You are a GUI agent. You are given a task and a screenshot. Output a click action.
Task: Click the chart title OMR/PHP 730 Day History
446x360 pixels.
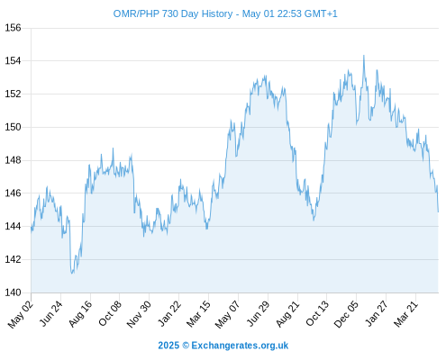point(173,13)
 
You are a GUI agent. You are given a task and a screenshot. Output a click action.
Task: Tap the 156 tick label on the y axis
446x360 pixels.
point(13,28)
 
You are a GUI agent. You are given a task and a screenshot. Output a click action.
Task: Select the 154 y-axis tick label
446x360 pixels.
point(13,61)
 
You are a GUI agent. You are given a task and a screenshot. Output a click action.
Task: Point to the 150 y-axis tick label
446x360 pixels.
point(13,127)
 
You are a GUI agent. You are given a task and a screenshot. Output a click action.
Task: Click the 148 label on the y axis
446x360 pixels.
point(13,160)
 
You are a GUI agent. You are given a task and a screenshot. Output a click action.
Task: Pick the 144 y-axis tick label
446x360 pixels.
point(13,226)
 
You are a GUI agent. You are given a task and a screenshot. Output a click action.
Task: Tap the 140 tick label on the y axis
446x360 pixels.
point(13,292)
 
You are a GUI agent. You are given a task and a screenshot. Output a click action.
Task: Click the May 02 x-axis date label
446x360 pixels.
point(21,314)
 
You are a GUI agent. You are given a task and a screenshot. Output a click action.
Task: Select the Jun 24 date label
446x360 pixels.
point(51,313)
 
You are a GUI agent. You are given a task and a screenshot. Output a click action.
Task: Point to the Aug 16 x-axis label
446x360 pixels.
point(80,313)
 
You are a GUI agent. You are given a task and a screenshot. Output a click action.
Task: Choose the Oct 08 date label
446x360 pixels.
point(110,313)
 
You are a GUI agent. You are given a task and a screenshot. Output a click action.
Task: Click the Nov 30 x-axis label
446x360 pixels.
point(139,314)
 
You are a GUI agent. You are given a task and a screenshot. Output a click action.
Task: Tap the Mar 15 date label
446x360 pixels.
point(198,314)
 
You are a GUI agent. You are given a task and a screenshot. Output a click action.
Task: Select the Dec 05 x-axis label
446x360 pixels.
point(346,314)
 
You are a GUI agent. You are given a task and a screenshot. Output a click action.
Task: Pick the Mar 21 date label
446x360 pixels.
point(406,313)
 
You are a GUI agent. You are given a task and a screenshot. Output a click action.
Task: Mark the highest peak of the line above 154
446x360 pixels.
point(364,56)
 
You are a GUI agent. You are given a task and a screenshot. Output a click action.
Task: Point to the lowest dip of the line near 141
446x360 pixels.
point(72,274)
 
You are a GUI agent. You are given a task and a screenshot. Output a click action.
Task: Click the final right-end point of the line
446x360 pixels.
point(438,211)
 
